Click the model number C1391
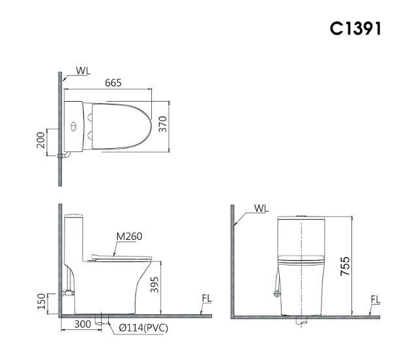pyautogui.click(x=355, y=28)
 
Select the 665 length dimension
pyautogui.click(x=113, y=83)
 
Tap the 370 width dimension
pyautogui.click(x=162, y=124)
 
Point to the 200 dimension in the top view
pyautogui.click(x=40, y=140)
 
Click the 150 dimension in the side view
pyautogui.click(x=42, y=301)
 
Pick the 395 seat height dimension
pyautogui.click(x=155, y=285)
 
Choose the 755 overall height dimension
pyautogui.click(x=345, y=266)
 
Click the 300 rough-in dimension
pyautogui.click(x=83, y=324)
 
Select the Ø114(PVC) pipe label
pyautogui.click(x=143, y=328)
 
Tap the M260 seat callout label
pyautogui.click(x=129, y=237)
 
